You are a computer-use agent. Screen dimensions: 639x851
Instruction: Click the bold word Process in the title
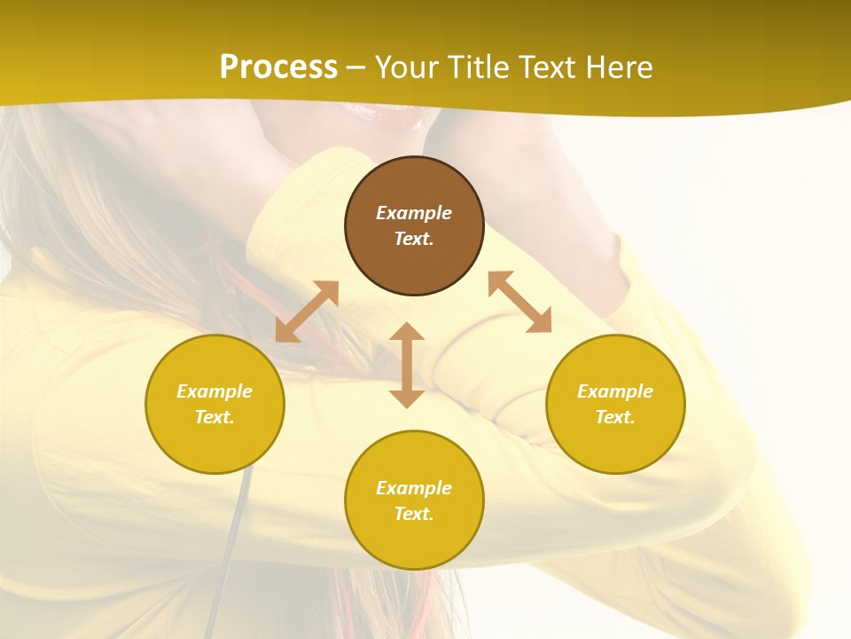tap(278, 67)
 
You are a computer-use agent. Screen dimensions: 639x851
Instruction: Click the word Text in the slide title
tap(548, 67)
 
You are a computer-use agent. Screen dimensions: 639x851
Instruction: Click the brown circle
tap(414, 257)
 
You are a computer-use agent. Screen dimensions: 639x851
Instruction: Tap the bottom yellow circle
tap(414, 541)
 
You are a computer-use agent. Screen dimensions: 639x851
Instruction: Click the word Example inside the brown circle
tap(414, 213)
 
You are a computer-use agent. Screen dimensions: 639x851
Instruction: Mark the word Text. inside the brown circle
tap(414, 239)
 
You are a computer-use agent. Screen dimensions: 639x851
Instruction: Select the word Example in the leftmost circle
tap(215, 391)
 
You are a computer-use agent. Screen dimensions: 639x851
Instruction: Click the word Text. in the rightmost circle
tap(615, 417)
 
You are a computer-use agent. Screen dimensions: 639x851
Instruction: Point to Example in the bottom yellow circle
tap(414, 488)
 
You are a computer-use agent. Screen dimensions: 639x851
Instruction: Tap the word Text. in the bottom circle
tap(414, 514)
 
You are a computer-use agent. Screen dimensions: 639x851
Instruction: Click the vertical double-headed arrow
tap(407, 365)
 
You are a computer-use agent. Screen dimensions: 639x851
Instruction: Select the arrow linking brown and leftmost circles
tap(307, 312)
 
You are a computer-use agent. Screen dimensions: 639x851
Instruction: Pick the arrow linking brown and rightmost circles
tap(519, 302)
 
